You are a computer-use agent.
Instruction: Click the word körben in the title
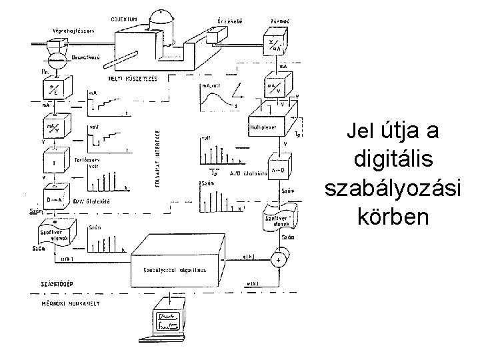(393, 217)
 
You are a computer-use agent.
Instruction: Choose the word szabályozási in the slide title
(393, 188)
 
